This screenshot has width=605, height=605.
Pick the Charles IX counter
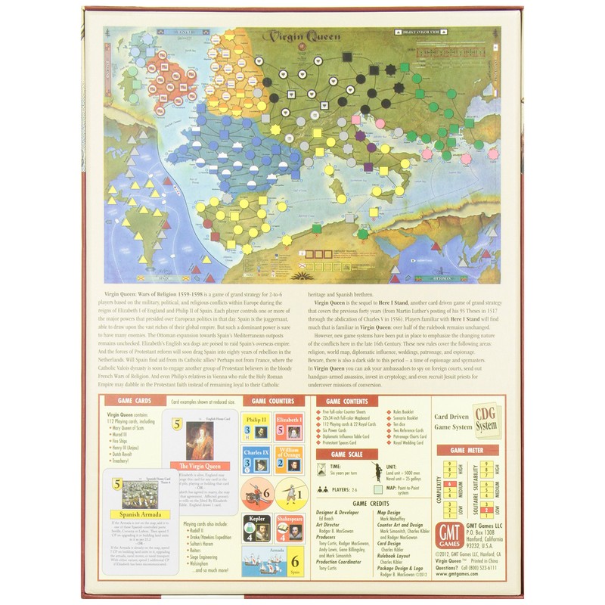point(256,463)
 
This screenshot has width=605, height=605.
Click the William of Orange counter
point(287,463)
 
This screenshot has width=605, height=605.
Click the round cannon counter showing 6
point(257,495)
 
